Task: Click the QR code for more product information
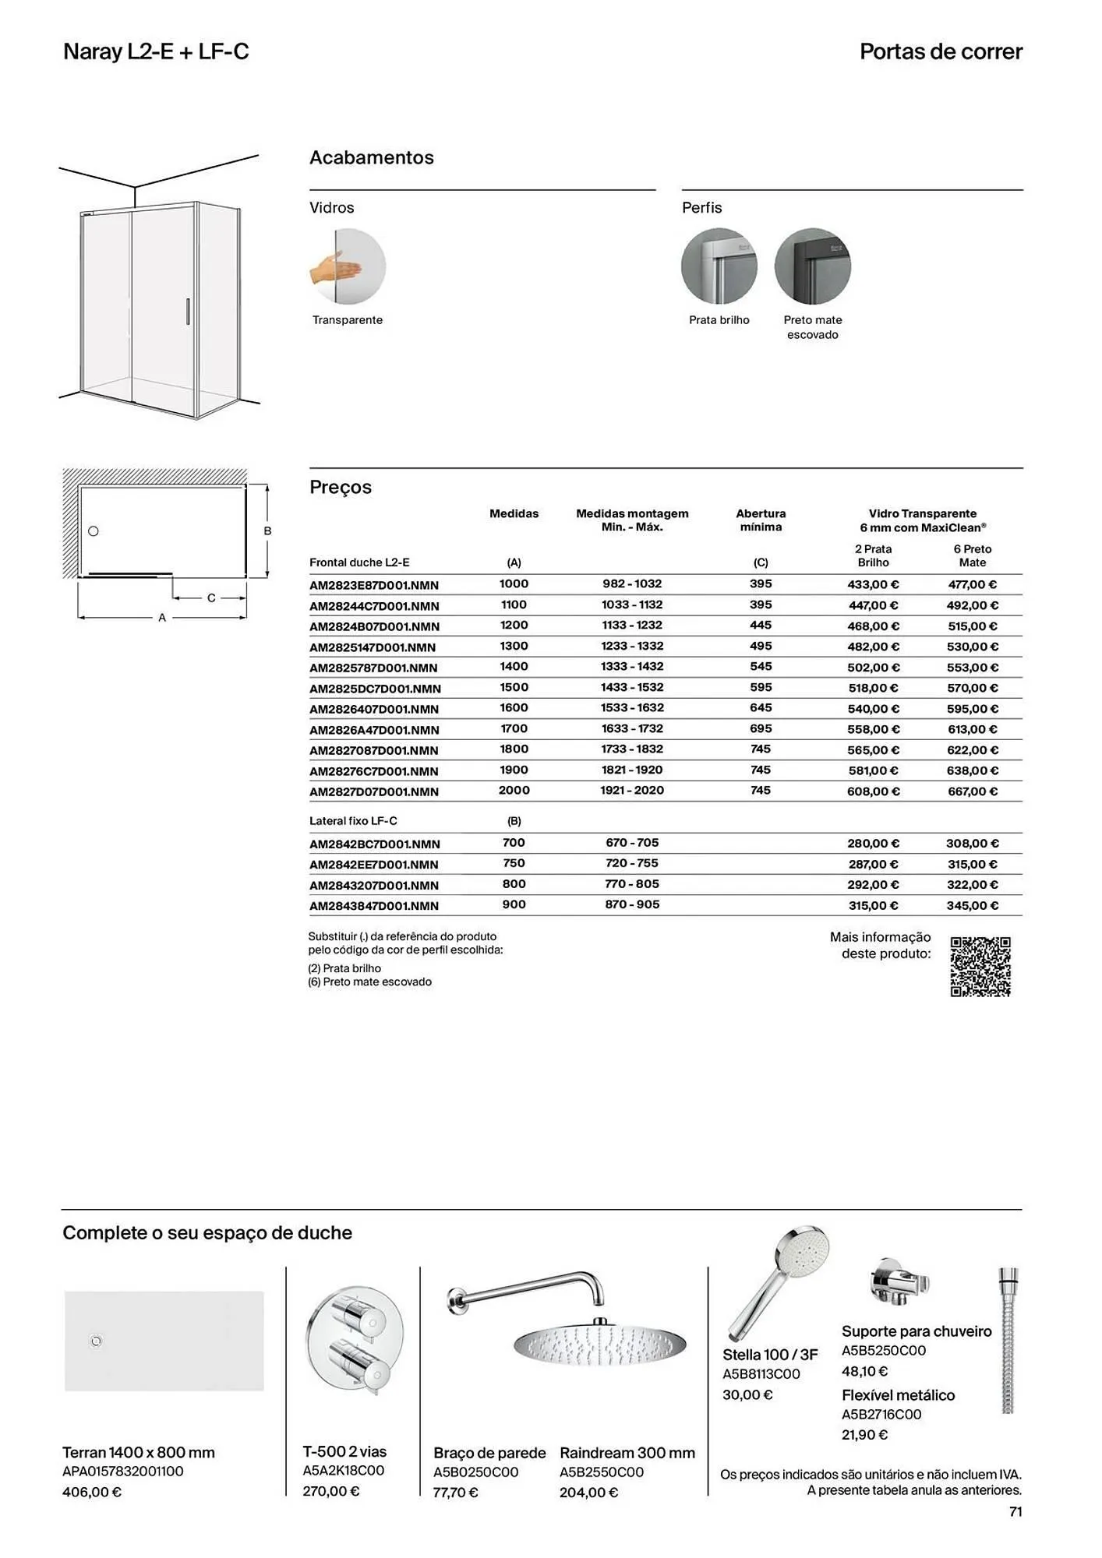980,967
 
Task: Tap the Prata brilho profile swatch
719,266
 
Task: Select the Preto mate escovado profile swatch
812,266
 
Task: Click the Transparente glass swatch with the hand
348,266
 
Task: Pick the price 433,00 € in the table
873,584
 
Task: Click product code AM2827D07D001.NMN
374,791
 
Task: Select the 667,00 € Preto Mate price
973,791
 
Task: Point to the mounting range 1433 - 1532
632,688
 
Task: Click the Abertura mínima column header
761,520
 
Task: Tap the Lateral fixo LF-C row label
353,821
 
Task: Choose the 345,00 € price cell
973,905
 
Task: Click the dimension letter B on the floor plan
267,531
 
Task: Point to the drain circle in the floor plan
94,531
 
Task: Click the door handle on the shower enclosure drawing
187,312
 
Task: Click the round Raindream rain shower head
599,1345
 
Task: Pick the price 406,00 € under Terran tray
92,1493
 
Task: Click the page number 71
1015,1511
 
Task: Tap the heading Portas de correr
941,52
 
